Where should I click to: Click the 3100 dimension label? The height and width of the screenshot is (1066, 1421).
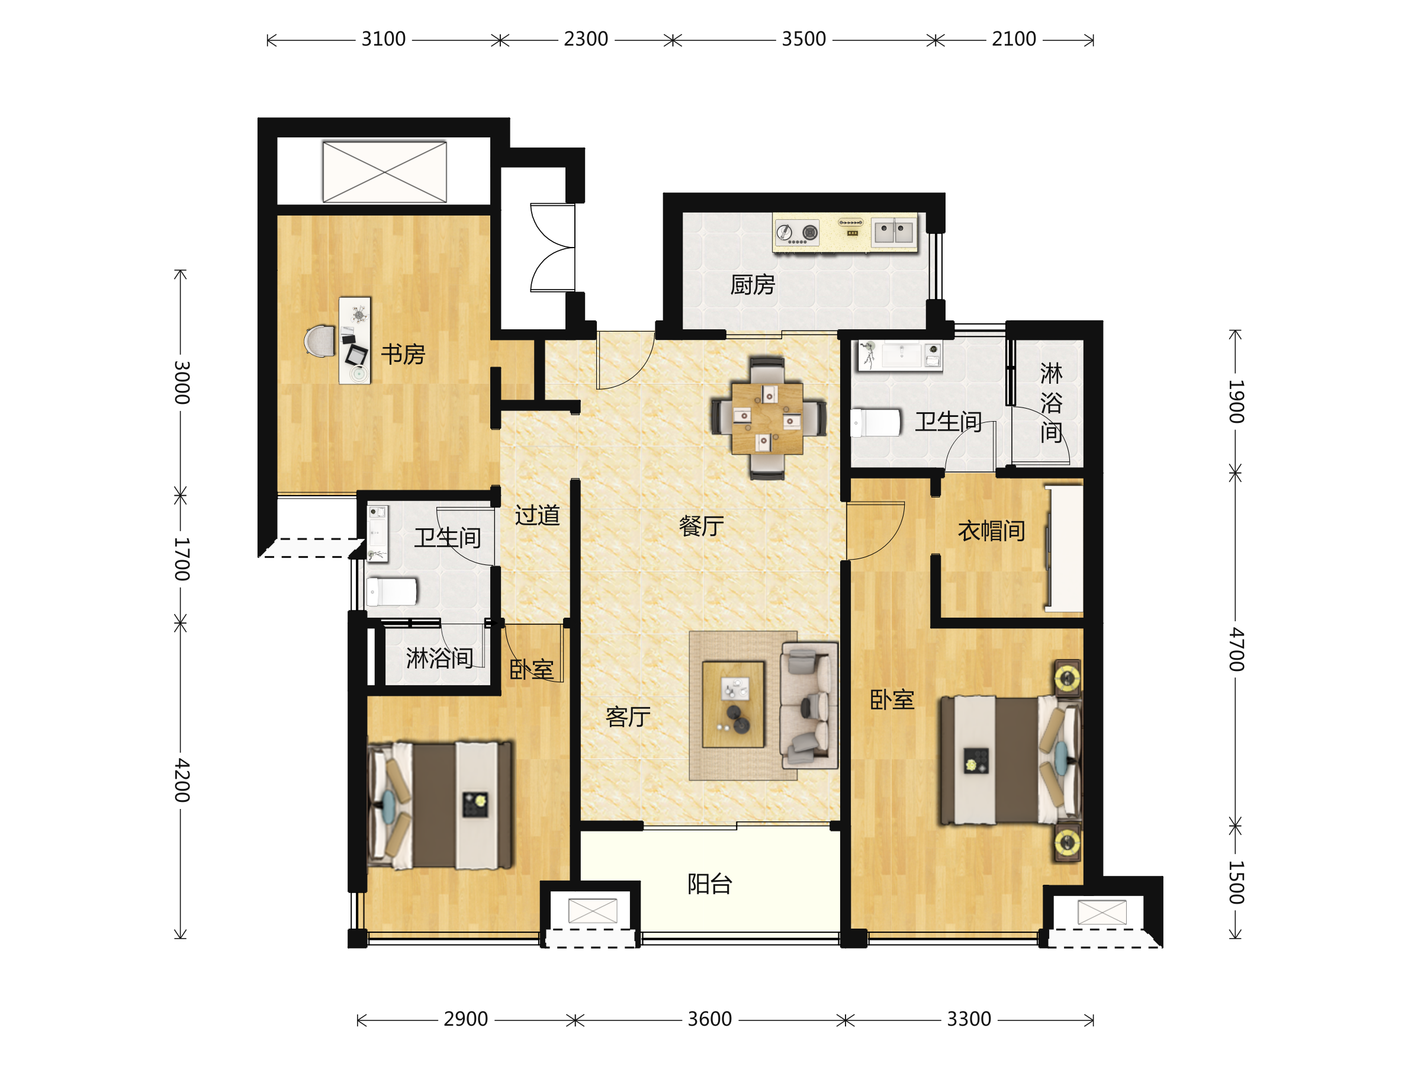384,39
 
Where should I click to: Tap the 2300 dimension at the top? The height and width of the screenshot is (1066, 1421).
586,39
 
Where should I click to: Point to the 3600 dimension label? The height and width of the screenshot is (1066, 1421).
710,1019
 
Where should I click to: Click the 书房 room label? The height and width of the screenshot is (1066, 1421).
403,354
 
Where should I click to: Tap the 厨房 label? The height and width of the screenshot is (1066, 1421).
753,285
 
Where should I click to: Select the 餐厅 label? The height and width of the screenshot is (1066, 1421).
702,526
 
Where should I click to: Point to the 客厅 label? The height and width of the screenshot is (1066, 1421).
628,717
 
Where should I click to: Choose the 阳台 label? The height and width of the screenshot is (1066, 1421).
710,884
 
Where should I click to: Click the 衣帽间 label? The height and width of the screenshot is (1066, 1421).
991,531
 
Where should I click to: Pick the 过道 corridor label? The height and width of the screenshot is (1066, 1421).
537,515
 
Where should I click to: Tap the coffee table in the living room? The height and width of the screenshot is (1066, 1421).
733,704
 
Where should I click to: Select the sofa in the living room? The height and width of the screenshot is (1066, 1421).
809,705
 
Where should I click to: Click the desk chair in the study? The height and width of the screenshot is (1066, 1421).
320,341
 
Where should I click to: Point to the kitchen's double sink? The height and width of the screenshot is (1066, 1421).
894,232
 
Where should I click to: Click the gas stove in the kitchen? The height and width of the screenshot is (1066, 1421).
797,232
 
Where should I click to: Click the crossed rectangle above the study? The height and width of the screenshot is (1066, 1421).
384,172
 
